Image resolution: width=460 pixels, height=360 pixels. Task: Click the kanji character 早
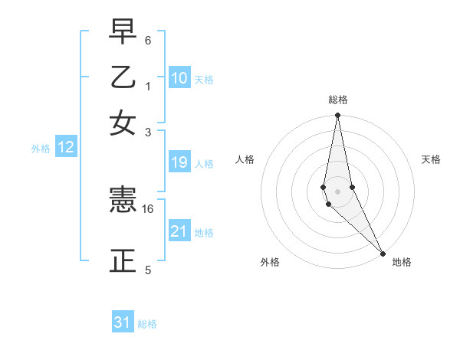pos(123,33)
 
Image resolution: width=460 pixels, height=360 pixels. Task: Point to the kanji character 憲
pos(123,201)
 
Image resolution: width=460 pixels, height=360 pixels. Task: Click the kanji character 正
pos(123,260)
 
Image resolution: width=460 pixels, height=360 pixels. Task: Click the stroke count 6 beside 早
pos(148,40)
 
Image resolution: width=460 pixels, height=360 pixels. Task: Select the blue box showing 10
pos(179,78)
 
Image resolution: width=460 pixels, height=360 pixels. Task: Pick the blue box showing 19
pos(179,162)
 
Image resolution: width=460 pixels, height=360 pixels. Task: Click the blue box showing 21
pos(179,231)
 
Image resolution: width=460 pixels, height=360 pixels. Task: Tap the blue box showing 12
pos(66,148)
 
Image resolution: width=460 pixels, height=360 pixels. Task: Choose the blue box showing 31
pos(123,322)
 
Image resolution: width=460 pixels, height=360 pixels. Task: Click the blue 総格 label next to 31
pos(147,324)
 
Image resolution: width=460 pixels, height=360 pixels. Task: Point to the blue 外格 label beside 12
pos(41,149)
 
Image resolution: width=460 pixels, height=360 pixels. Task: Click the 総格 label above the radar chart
pos(338,100)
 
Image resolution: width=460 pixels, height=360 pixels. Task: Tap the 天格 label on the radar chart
pos(432,159)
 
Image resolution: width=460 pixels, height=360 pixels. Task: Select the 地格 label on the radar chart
pos(402,262)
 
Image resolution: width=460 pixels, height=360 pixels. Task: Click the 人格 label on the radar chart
pos(245,159)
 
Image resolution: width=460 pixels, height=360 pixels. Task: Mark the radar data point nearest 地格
pos(383,254)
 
